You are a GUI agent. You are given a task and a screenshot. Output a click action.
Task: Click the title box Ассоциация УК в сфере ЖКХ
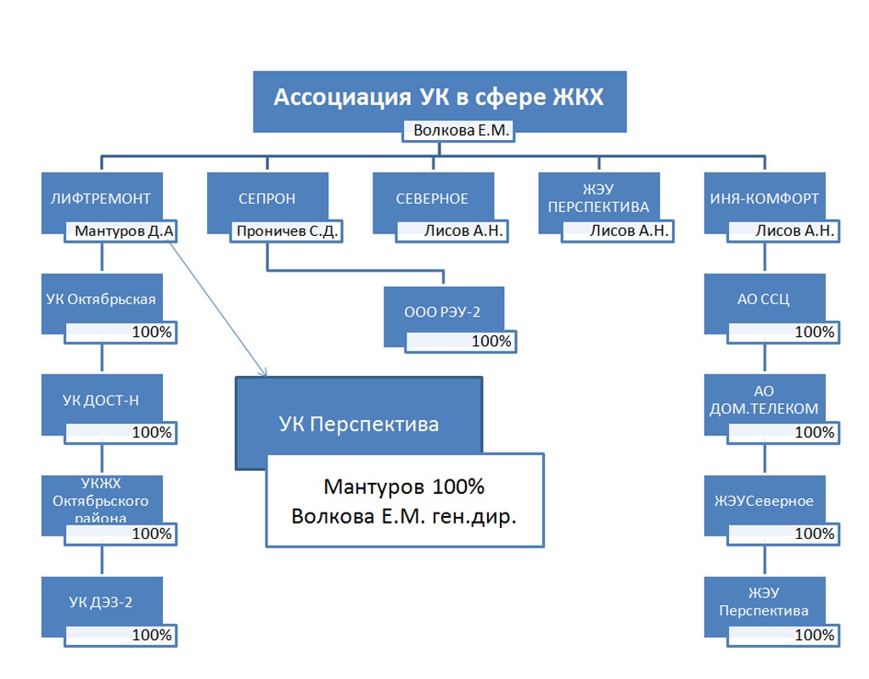440,98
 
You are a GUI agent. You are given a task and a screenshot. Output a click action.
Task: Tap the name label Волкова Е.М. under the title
459,130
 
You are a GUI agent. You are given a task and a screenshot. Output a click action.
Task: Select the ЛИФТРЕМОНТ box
100,199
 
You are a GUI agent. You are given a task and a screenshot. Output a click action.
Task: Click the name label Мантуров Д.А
124,230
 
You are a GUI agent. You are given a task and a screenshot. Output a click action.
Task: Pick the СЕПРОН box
267,199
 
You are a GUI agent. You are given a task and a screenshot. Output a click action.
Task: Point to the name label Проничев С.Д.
287,230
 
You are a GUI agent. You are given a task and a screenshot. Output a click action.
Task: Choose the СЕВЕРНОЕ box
432,199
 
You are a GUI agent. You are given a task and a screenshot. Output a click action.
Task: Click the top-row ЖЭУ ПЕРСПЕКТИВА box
598,199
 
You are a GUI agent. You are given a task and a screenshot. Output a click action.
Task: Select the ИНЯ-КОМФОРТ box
765,199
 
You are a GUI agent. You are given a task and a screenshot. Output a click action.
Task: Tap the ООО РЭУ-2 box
442,311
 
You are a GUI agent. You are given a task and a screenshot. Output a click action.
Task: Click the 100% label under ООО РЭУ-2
461,341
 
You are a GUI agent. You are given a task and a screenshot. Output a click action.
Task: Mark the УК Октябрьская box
100,299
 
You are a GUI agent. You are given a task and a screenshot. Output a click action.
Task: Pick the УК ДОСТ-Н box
100,400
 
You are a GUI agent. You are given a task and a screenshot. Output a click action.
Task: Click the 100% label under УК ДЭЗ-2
121,634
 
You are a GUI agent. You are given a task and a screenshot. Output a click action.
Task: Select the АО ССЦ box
764,299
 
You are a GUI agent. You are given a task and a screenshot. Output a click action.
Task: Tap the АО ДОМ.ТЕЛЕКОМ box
764,400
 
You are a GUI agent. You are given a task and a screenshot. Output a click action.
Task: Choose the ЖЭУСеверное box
764,501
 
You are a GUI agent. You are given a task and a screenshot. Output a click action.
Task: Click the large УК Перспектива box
359,423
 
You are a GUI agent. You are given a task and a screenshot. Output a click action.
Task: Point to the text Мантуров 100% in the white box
404,487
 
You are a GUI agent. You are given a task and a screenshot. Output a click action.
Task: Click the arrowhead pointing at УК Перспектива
263,373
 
